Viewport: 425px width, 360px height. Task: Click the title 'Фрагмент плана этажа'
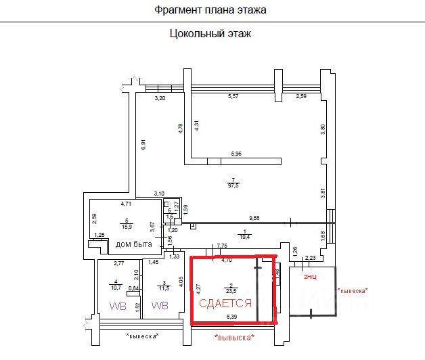click(210, 10)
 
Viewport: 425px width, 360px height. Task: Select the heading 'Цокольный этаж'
click(210, 33)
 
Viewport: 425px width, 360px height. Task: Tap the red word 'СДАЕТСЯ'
click(225, 304)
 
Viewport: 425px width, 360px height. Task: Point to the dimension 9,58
click(255, 218)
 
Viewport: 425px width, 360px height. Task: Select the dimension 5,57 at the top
click(233, 97)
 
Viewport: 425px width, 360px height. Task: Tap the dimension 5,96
click(236, 154)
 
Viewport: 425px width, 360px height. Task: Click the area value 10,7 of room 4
click(116, 287)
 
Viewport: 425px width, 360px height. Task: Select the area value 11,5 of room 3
click(163, 287)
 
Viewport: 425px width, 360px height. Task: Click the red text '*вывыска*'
click(233, 337)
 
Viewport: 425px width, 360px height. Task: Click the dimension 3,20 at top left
click(160, 99)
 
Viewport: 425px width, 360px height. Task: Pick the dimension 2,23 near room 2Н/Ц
click(311, 257)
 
